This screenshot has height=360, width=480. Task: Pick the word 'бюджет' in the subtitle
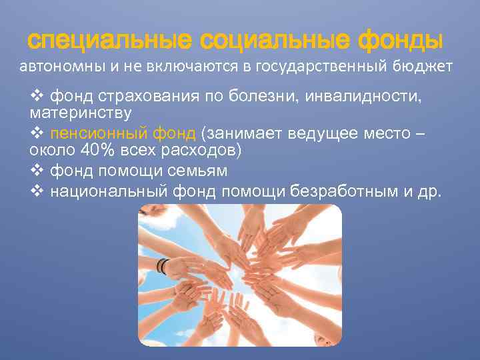(x=423, y=67)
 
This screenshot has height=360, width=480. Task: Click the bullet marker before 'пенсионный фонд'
(x=36, y=133)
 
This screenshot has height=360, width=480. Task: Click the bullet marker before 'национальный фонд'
(x=36, y=192)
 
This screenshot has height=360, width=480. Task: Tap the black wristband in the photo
(x=161, y=265)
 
